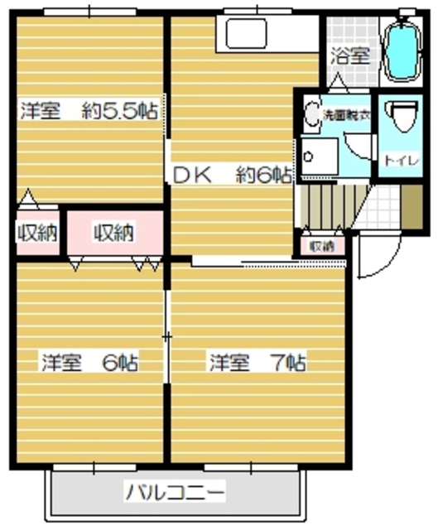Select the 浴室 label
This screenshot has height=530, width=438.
point(350,56)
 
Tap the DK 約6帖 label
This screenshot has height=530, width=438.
point(231,176)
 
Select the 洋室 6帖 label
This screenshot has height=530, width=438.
point(90,362)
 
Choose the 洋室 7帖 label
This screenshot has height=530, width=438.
point(258,362)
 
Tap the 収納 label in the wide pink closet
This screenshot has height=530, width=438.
point(113,234)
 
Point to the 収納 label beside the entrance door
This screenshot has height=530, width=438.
point(322,246)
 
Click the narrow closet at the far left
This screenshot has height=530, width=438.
point(36,234)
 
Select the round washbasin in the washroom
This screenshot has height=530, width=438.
point(312,113)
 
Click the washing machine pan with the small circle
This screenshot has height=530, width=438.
point(319,157)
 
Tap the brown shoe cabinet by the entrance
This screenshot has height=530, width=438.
point(412,205)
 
